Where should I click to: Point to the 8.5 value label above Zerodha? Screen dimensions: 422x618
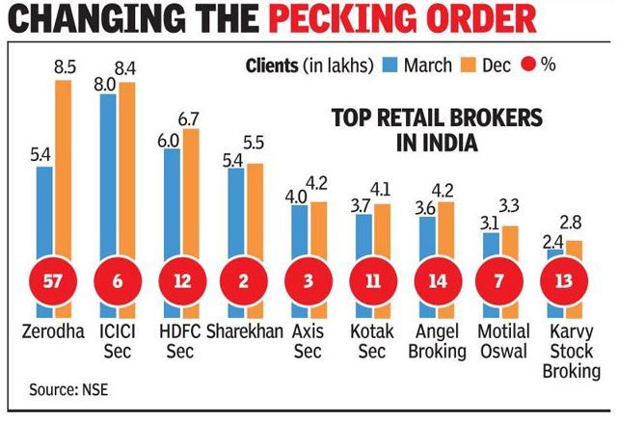pyautogui.click(x=64, y=68)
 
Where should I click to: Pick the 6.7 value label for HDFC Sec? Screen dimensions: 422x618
pyautogui.click(x=190, y=118)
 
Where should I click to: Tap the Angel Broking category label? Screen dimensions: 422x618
pyautogui.click(x=435, y=341)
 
